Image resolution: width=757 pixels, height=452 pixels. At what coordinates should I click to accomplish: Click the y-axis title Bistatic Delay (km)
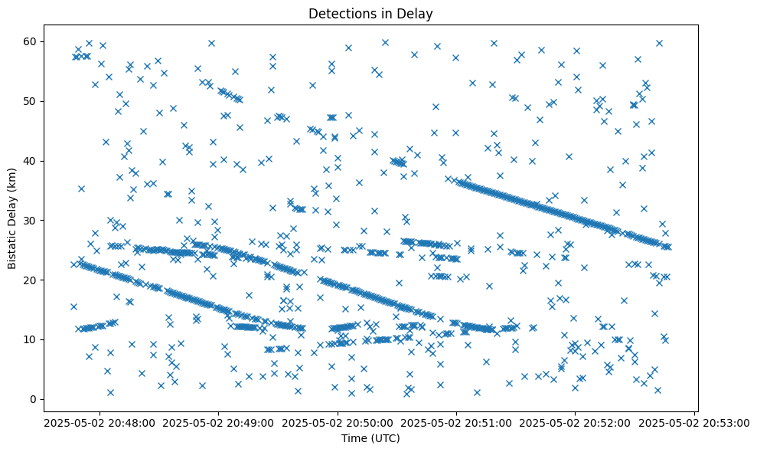coord(13,218)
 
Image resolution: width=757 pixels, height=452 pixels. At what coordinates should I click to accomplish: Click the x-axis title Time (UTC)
coord(370,439)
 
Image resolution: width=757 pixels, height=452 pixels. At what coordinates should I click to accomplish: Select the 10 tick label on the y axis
coord(31,339)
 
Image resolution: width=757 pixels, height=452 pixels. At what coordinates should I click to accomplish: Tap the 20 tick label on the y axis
coord(31,280)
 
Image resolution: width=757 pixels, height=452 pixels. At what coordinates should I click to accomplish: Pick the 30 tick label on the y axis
coord(31,220)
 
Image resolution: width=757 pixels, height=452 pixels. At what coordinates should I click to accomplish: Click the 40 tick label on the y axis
coord(31,161)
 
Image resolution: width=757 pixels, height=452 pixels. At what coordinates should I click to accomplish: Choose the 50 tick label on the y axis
coord(31,101)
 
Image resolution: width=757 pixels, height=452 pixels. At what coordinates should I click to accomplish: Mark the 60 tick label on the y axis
coord(31,41)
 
